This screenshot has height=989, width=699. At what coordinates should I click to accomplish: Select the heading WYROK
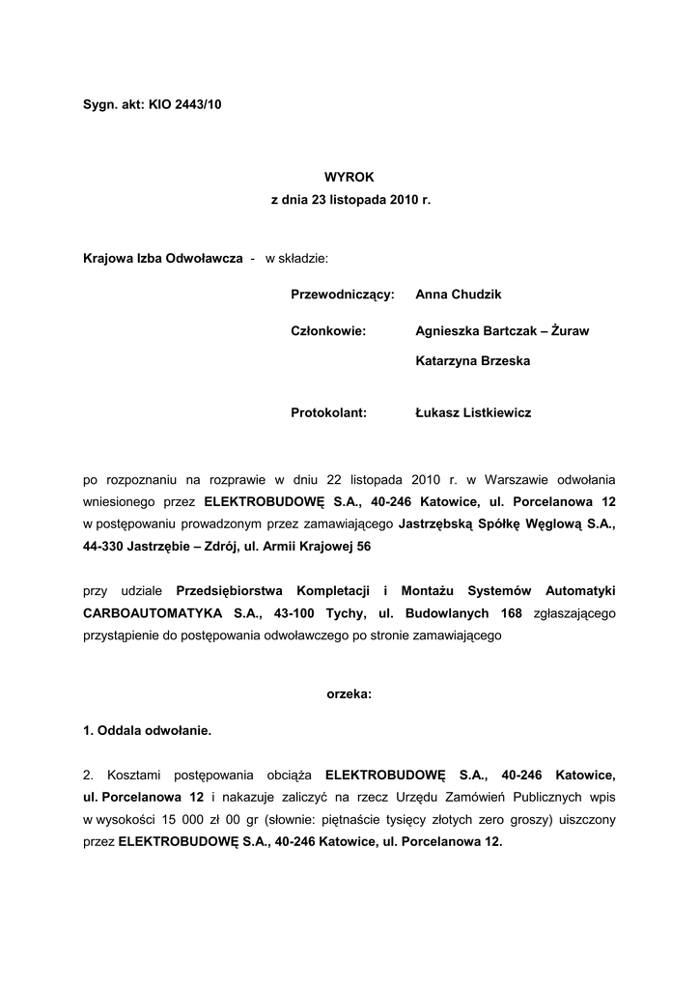coord(349,177)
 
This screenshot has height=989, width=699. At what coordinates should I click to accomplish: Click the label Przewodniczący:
coord(343,294)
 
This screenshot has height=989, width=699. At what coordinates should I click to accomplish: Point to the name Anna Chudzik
coord(459,294)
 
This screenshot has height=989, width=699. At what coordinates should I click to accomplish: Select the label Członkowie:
coord(328,330)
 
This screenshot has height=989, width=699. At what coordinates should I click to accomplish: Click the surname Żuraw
coord(571,330)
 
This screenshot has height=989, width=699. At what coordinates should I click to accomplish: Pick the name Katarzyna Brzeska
coord(473,361)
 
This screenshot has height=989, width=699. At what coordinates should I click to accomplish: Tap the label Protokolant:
coord(328,412)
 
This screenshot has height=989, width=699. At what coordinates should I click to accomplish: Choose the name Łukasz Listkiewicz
coord(473,412)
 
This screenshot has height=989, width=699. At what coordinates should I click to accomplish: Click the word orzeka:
coord(349,694)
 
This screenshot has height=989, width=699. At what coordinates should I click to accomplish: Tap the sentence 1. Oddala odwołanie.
coord(148,731)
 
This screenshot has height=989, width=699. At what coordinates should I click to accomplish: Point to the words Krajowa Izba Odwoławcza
coord(162,259)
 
